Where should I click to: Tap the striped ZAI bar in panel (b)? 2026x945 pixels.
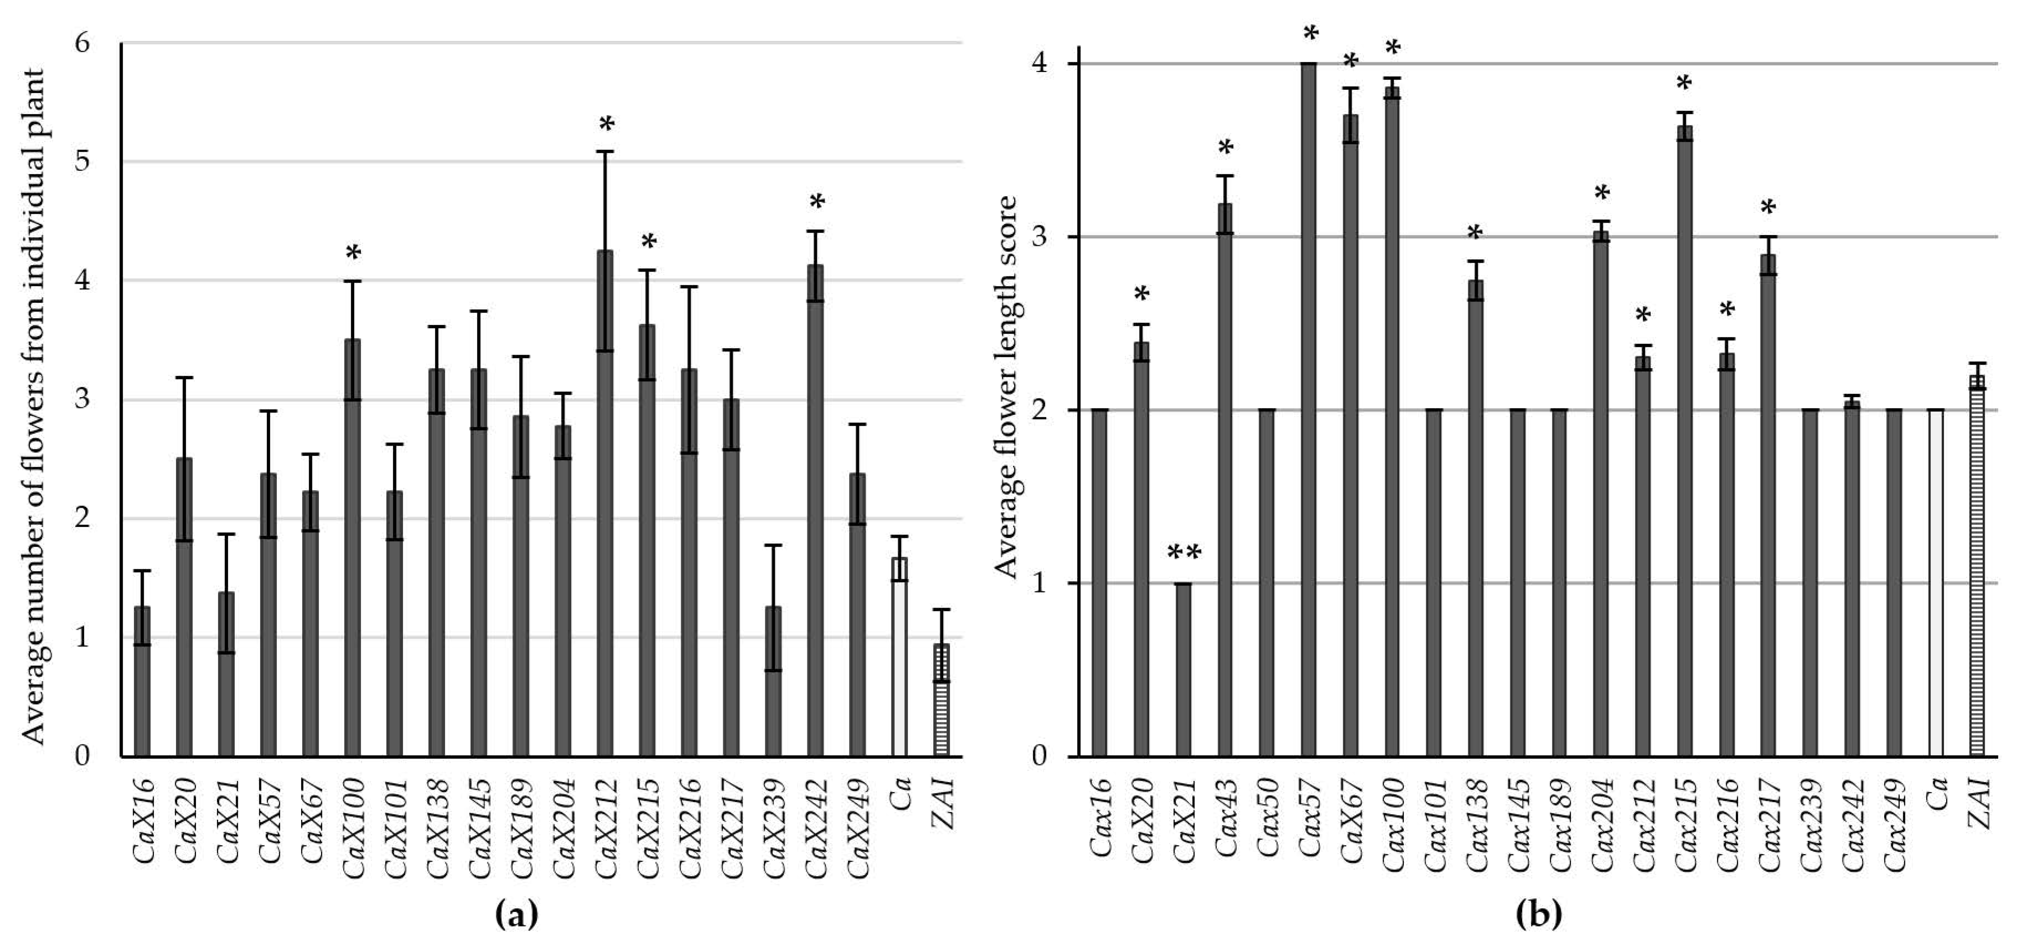tap(1977, 566)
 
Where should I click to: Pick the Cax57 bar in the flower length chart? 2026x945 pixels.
tap(1309, 409)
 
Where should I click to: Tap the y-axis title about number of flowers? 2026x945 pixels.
tap(31, 405)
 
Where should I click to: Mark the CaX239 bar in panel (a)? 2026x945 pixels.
tap(773, 681)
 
